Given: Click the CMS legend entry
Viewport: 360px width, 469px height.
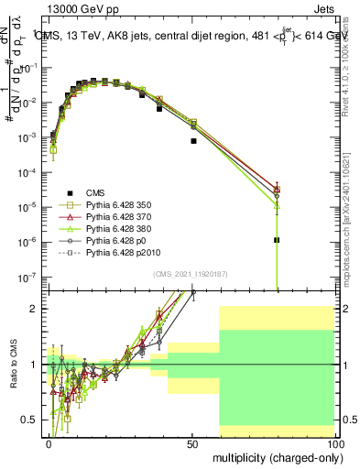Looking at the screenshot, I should click(x=95, y=192).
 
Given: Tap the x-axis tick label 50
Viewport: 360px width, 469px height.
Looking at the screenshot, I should click(x=192, y=442).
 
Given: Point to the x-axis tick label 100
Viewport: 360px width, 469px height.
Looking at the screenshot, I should click(x=335, y=442).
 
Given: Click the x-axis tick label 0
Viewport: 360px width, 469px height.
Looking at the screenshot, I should click(x=49, y=442).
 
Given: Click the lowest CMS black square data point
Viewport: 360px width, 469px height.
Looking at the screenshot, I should click(x=277, y=240).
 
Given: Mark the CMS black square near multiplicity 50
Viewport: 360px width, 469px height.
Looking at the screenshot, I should click(x=193, y=141).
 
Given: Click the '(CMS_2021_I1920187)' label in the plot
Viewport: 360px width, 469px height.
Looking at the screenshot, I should click(x=190, y=274).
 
